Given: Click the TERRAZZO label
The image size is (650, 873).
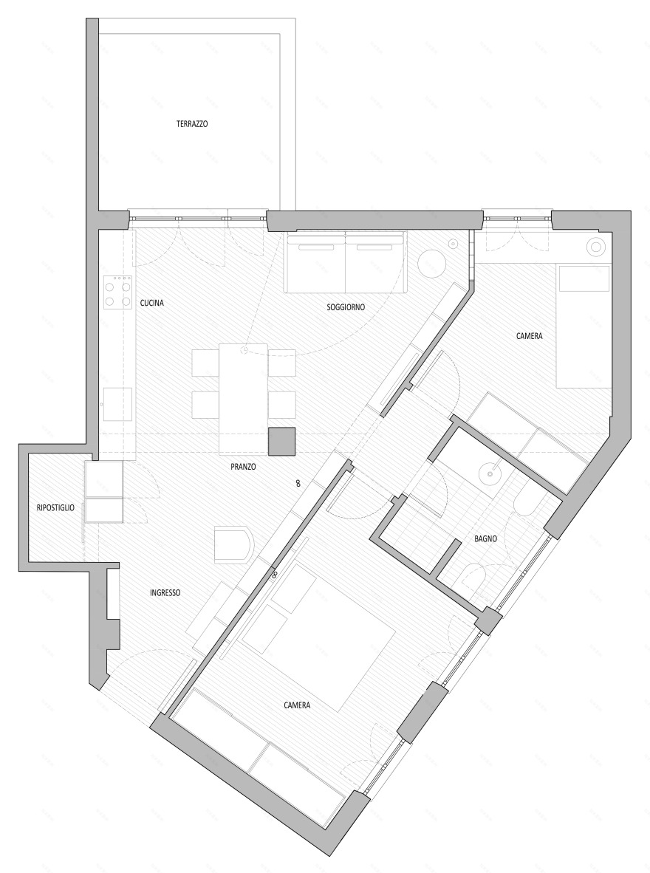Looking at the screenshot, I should click(x=192, y=125).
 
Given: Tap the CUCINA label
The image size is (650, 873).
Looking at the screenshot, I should click(x=151, y=303).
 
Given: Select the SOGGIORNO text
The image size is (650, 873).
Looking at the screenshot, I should click(x=346, y=307).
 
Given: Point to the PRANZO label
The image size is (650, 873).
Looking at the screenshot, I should click(x=242, y=467).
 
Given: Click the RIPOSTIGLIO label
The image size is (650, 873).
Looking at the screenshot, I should click(x=55, y=507).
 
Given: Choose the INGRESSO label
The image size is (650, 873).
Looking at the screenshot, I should click(x=165, y=592).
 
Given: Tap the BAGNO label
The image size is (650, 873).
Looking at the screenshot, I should click(x=485, y=539).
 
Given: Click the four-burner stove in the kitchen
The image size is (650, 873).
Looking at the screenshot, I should click(x=117, y=292).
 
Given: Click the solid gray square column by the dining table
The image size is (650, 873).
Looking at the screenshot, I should click(x=281, y=441).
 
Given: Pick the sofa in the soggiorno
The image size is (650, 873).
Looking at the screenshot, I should click(x=346, y=262).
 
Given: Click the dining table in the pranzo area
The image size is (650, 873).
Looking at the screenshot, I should click(x=243, y=399).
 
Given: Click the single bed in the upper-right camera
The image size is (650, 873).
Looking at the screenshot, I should click(x=583, y=325).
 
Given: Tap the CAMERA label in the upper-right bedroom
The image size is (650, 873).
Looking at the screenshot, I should click(x=530, y=336).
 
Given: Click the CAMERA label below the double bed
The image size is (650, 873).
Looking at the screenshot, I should click(x=297, y=705).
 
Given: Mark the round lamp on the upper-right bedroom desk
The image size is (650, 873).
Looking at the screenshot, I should click(x=596, y=247).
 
